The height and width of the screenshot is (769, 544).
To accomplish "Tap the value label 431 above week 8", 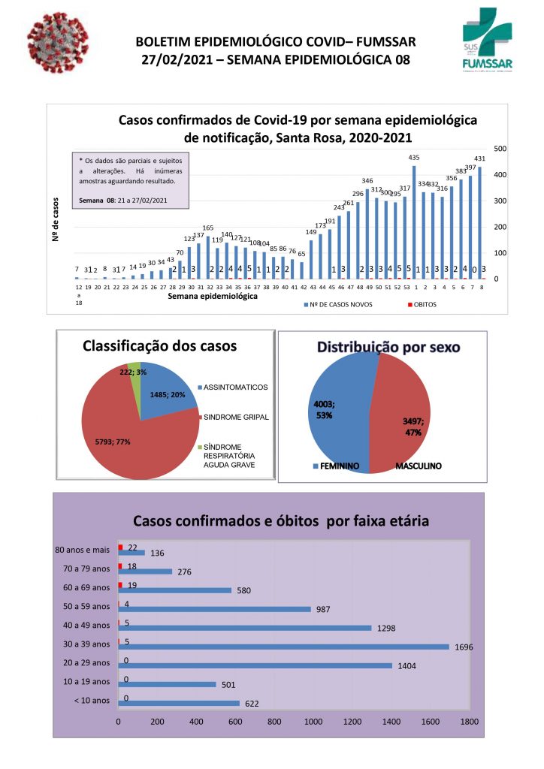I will click(480, 158).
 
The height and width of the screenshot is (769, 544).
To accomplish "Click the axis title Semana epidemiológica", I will click(213, 296).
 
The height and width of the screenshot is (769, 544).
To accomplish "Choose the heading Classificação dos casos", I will click(159, 346).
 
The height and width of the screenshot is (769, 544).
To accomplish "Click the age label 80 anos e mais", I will click(83, 550).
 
